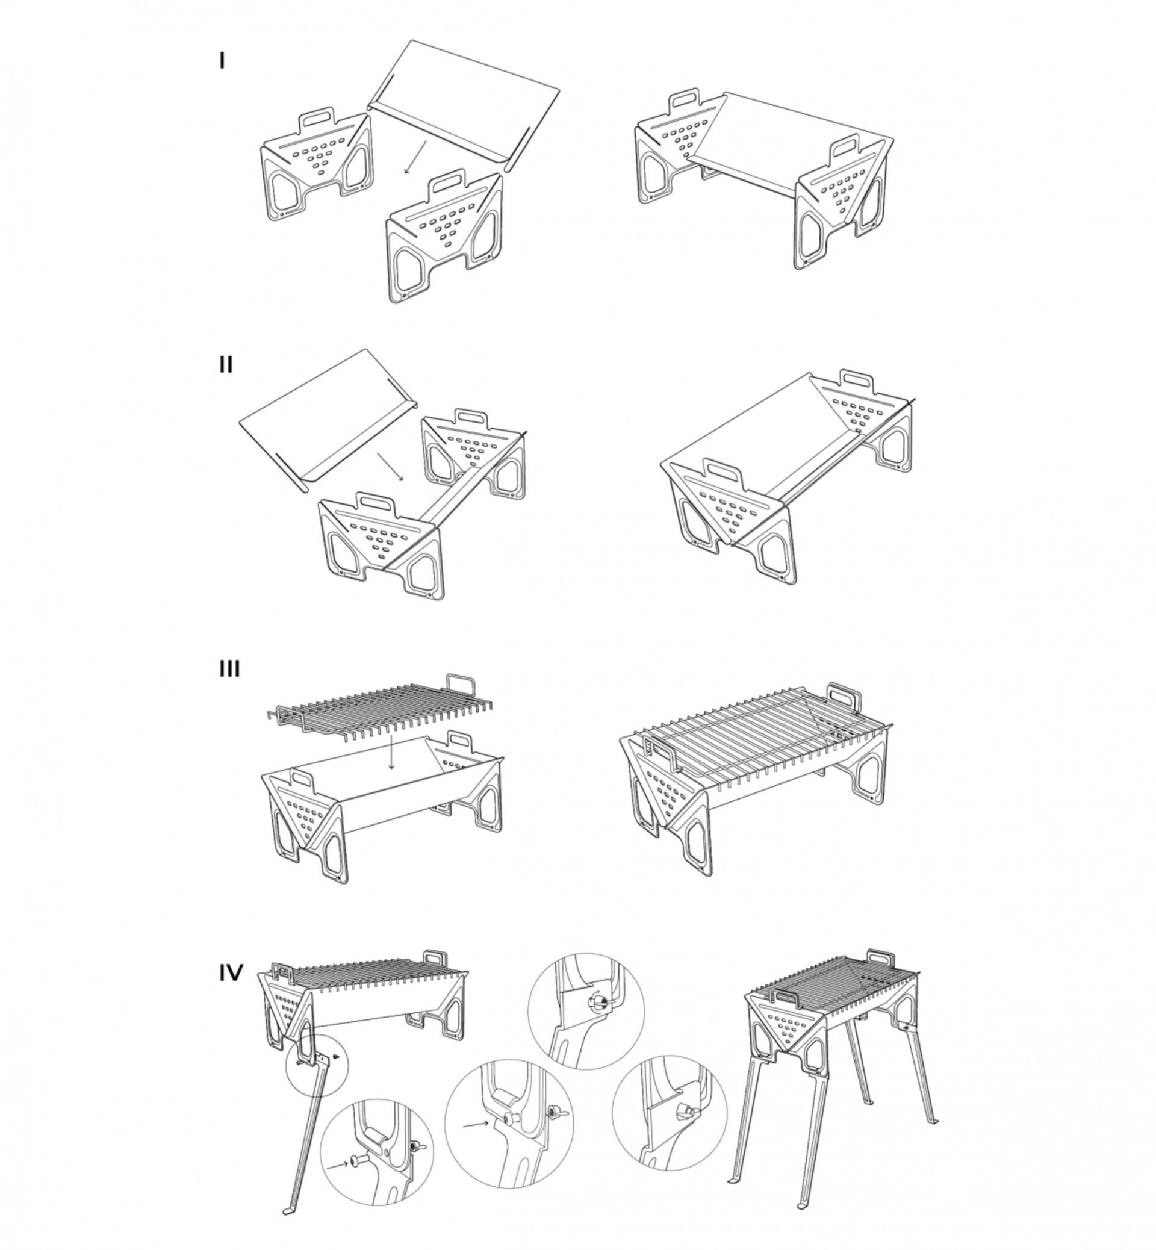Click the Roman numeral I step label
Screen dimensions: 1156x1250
click(x=222, y=61)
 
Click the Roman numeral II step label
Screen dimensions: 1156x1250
click(x=226, y=364)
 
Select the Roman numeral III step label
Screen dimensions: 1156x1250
click(x=229, y=669)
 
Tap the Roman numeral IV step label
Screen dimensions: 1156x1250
click(x=231, y=973)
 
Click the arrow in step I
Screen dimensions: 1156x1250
click(x=415, y=157)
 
